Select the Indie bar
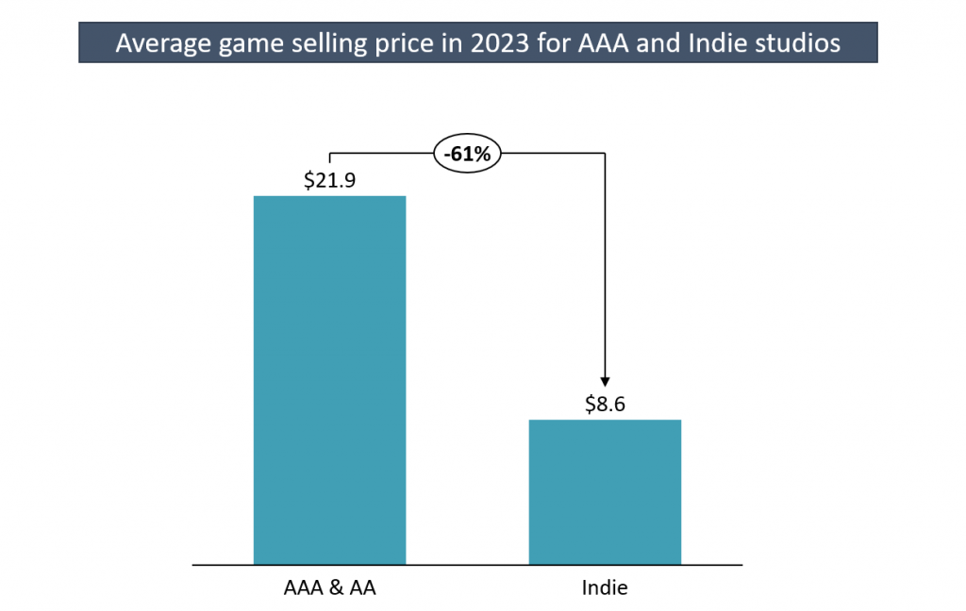[605, 491]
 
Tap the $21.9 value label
[329, 180]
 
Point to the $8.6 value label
[605, 405]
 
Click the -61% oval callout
[467, 154]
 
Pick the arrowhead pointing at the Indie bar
[605, 379]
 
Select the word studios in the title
[799, 43]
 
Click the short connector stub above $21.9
[329, 159]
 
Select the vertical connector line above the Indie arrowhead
[605, 264]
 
